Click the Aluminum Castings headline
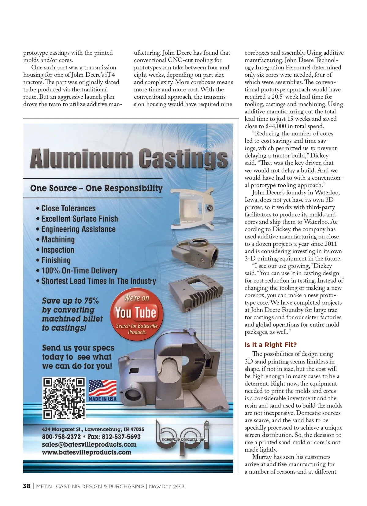coord(128,158)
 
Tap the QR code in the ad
coord(64,398)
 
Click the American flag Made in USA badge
coord(102,390)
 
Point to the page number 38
coord(27,486)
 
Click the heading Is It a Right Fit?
coord(271,345)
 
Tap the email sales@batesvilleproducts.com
coord(89,445)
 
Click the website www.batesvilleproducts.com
coord(87,452)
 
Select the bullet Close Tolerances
coord(68,209)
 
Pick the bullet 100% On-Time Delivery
coord(79,271)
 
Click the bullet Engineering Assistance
coord(78,229)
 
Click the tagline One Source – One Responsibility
coord(96,188)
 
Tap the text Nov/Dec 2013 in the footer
coord(167,486)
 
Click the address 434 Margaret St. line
coord(93,429)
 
